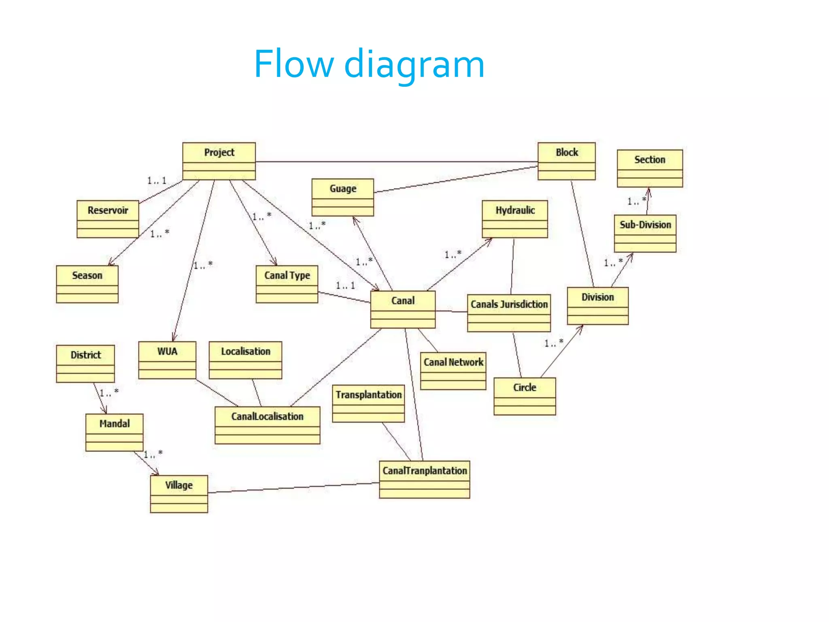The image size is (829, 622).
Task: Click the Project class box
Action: point(219,161)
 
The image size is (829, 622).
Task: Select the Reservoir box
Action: point(108,219)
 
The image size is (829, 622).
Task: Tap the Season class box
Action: point(87,284)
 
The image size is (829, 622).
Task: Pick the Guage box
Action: point(342,197)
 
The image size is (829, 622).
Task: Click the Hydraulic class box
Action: point(514,219)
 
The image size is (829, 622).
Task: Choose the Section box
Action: point(649,168)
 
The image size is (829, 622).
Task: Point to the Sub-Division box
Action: point(645,233)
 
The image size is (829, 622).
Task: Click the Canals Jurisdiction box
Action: point(508,313)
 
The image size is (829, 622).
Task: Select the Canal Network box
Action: point(453,371)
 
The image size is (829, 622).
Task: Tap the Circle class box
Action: point(525,396)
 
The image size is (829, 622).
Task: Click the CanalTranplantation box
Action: point(424,479)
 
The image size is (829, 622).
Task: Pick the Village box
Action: point(179,494)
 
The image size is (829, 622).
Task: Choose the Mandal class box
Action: point(114,432)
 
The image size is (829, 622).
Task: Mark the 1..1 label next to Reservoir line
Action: point(157,181)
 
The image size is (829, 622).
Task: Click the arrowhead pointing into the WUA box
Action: point(174,338)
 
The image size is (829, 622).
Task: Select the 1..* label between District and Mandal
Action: point(109,392)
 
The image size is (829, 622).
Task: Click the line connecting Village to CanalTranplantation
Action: point(293,488)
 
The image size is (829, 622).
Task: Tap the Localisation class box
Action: point(245,360)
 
